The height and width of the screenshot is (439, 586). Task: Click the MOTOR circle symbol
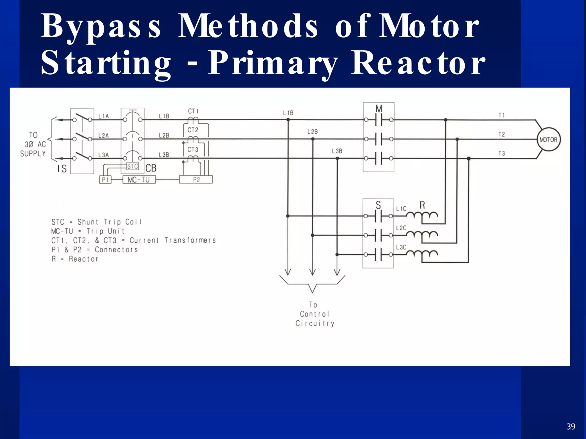(548, 139)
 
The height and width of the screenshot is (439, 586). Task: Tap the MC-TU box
(139, 180)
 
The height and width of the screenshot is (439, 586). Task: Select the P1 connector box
(105, 180)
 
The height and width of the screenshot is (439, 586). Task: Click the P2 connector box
(196, 180)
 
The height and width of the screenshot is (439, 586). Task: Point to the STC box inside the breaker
(132, 166)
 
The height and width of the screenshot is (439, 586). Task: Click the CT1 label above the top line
(193, 111)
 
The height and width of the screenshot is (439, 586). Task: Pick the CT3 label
(193, 149)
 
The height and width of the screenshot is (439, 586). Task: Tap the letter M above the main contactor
(379, 109)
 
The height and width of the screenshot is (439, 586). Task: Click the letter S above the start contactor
(378, 205)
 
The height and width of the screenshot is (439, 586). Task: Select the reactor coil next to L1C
(422, 215)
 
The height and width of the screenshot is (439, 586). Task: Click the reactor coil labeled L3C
(422, 254)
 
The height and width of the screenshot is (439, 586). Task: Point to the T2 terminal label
(502, 134)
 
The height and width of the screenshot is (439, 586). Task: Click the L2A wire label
(104, 135)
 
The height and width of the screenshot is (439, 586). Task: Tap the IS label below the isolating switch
(62, 169)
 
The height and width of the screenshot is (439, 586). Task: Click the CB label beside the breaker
(151, 168)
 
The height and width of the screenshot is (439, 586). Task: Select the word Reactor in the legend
(84, 259)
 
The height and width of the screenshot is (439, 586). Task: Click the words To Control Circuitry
(314, 314)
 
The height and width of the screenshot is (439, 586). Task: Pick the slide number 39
(571, 426)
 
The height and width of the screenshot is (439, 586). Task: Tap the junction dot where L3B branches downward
(337, 158)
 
